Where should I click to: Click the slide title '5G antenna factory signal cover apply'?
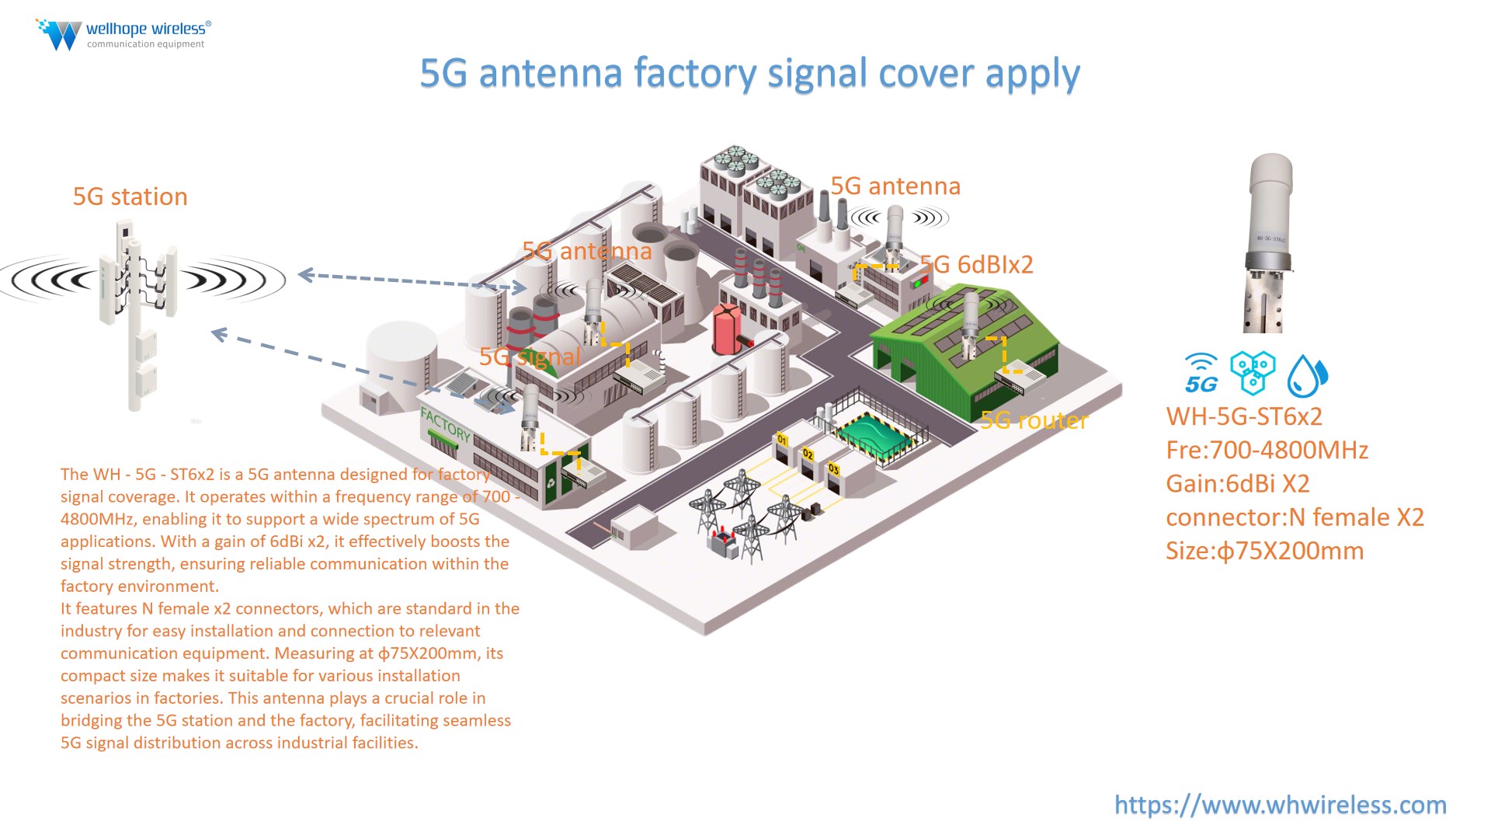[749, 74]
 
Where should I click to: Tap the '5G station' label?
[130, 197]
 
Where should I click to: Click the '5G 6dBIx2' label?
[977, 265]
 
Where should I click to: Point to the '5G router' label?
[1034, 420]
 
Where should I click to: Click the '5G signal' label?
[530, 357]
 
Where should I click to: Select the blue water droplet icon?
[1307, 376]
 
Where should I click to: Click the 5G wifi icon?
[1201, 374]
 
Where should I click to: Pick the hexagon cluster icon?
[1253, 372]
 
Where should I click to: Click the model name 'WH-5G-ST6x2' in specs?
[1244, 416]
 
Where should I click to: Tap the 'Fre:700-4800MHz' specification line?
[1267, 450]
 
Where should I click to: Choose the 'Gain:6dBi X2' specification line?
[1237, 483]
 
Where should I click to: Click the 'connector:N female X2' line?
[1295, 517]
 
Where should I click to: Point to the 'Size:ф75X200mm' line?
[1264, 551]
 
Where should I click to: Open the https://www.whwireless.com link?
[1280, 805]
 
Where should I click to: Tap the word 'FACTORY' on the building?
[445, 424]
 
